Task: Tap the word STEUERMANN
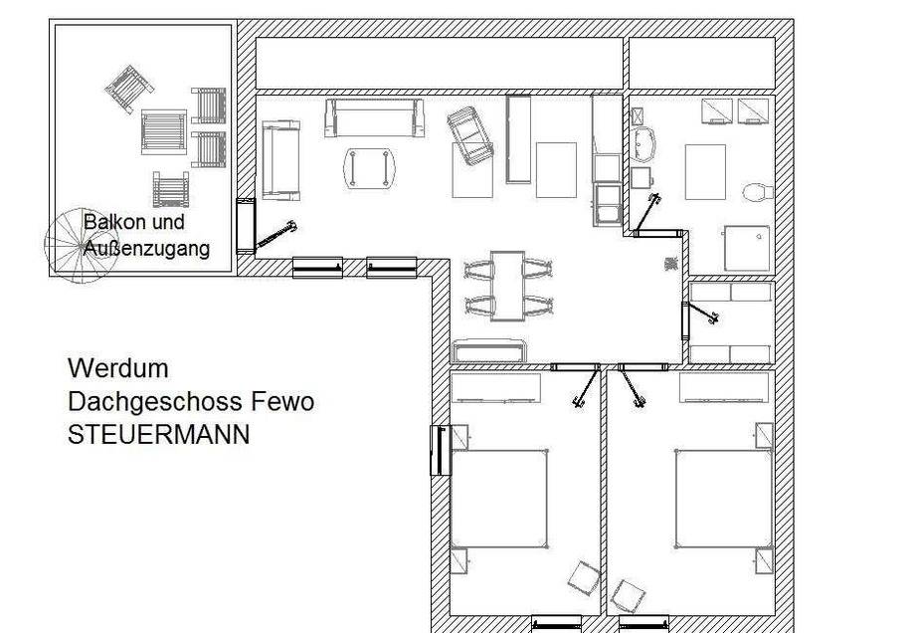pos(159,435)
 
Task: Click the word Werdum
pos(118,368)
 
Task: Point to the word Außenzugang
pos(146,248)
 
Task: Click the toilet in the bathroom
pos(758,192)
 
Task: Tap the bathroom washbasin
pos(643,143)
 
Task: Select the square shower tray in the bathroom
pos(747,248)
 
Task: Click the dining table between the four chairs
pos(507,286)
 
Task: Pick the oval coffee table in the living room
pos(369,168)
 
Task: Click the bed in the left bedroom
pos(499,499)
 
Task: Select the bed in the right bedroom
pos(724,499)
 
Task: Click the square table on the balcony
pos(164,132)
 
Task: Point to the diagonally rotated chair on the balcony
pos(129,89)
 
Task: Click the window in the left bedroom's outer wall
pos(441,450)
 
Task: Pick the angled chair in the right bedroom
pos(628,595)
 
